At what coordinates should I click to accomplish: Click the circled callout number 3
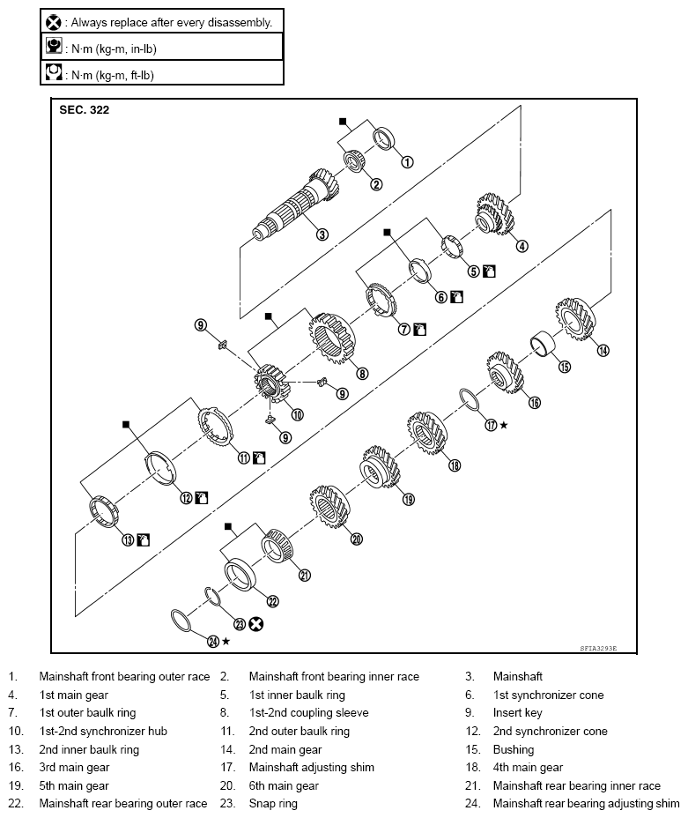click(322, 234)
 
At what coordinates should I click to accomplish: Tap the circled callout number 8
click(362, 372)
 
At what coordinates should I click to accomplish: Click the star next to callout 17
click(504, 425)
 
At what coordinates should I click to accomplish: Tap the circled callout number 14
click(603, 350)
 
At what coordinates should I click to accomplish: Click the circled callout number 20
click(356, 539)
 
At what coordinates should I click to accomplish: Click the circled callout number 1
click(406, 162)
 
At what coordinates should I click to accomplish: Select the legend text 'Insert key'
click(517, 713)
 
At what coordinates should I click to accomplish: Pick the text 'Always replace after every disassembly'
click(171, 21)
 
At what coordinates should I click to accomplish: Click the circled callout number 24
click(212, 642)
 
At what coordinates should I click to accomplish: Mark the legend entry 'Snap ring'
click(273, 804)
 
